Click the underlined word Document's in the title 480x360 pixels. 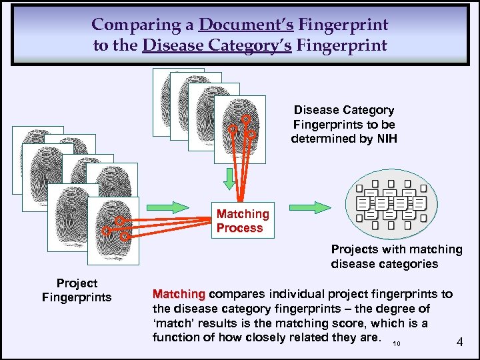point(246,25)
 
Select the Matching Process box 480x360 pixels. point(243,221)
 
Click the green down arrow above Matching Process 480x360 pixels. point(229,178)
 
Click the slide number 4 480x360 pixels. point(459,342)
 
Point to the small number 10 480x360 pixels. point(397,344)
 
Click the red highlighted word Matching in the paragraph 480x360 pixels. point(178,294)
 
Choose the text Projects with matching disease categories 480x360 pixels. point(396,256)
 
